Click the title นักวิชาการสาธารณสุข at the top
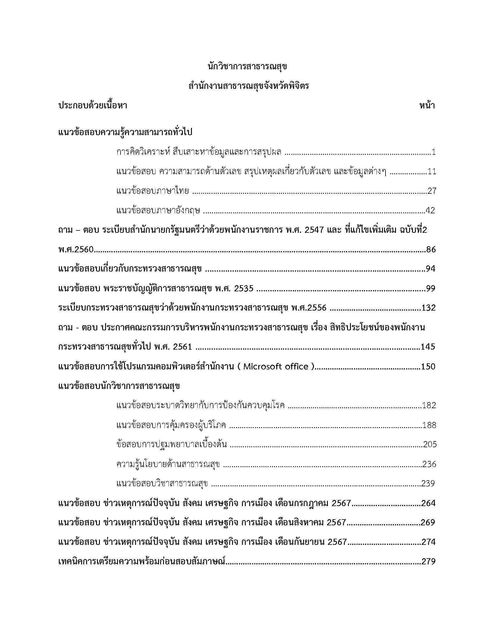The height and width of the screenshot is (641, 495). coord(247,67)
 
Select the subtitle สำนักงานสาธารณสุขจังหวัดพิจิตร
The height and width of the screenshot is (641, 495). coord(249,87)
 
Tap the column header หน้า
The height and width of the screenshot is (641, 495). coord(427,106)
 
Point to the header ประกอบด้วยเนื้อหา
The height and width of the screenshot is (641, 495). coord(93,106)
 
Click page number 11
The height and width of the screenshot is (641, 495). coord(432,172)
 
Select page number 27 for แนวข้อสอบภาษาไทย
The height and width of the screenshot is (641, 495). coord(432,191)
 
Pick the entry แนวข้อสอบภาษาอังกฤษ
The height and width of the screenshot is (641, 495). coord(158,211)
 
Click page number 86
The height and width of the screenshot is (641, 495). coord(431,250)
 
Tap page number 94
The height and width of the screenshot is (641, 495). coord(430,269)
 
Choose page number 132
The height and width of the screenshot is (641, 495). coord(428,308)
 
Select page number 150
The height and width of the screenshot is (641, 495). coord(428,367)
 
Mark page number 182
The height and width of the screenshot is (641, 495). coord(429,406)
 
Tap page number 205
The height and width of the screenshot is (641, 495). coord(429,445)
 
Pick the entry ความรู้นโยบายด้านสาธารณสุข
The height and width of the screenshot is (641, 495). coord(168,464)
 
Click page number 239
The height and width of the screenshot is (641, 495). coord(428,483)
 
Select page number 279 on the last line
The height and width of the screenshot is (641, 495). coord(428,562)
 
